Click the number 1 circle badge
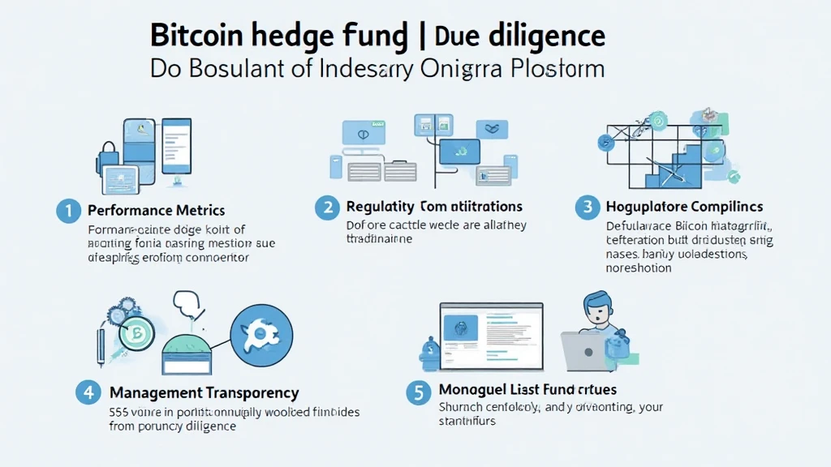coord(69,211)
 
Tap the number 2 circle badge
coord(326,208)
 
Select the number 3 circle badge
coord(588,208)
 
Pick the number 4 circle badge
coord(88,393)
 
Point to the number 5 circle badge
coord(417,393)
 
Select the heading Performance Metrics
coord(156,211)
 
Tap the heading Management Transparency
coord(205,393)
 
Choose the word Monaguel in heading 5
coord(473,390)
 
